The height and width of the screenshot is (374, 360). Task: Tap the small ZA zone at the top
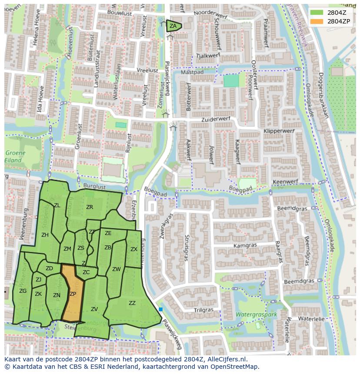pyautogui.click(x=173, y=26)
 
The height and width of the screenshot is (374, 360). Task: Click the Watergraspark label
pyautogui.click(x=256, y=314)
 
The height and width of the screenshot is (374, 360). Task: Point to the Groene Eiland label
pyautogui.click(x=15, y=156)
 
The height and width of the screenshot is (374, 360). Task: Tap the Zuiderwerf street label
pyautogui.click(x=215, y=119)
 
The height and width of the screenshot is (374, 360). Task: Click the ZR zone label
pyautogui.click(x=90, y=207)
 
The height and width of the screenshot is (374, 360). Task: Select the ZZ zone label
pyautogui.click(x=132, y=303)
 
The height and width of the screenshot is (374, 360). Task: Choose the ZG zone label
pyautogui.click(x=23, y=291)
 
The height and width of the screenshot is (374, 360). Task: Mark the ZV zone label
pyautogui.click(x=94, y=309)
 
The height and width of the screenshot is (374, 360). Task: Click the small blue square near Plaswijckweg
pyautogui.click(x=161, y=309)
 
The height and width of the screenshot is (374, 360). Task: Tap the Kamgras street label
pyautogui.click(x=245, y=245)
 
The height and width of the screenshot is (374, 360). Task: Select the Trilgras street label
pyautogui.click(x=203, y=310)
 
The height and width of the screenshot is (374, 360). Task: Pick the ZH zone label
pyautogui.click(x=45, y=235)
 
